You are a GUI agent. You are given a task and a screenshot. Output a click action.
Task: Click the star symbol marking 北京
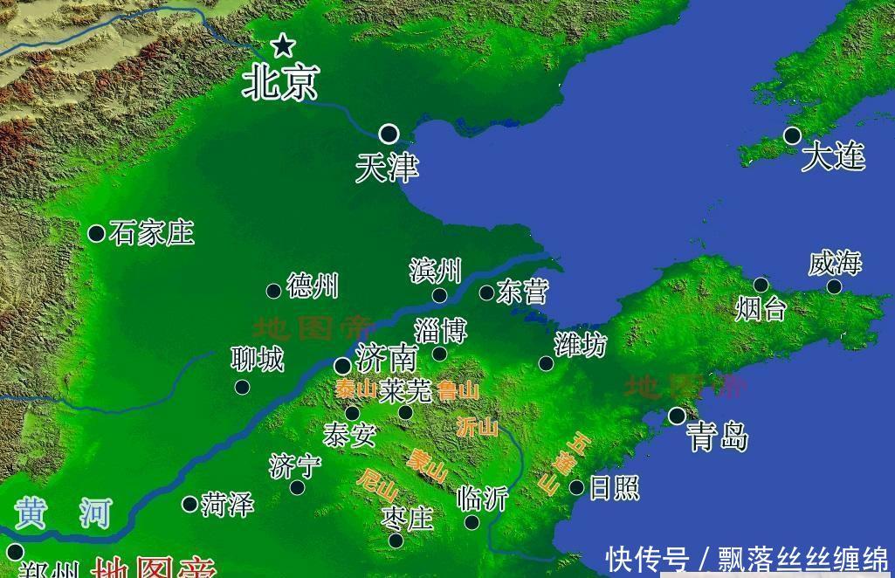tap(282, 45)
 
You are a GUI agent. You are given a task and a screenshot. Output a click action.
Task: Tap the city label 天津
tap(387, 168)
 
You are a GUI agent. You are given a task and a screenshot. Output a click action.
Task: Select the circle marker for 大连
tap(792, 135)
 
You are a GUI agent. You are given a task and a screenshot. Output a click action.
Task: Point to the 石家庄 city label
tap(152, 233)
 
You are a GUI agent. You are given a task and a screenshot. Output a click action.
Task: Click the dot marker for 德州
tap(273, 291)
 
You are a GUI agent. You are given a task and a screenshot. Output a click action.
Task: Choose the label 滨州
tap(435, 271)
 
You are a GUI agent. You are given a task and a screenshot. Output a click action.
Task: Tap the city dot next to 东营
tap(486, 293)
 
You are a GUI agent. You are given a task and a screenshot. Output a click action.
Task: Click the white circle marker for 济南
tap(343, 367)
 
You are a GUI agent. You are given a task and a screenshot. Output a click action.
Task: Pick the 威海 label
tap(835, 263)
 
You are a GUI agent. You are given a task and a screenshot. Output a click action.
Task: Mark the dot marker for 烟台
tap(761, 285)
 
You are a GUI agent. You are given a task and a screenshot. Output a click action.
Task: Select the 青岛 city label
tap(717, 436)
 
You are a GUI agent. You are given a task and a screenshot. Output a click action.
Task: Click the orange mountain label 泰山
tap(355, 389)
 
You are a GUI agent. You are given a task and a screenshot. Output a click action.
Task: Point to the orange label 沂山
tap(478, 427)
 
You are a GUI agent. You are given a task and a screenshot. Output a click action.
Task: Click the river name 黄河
tap(64, 513)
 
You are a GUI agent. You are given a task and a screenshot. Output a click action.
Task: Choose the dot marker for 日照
tap(576, 487)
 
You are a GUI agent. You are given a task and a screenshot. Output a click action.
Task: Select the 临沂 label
tap(482, 498)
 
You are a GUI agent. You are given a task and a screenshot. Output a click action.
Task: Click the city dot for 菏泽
tap(189, 504)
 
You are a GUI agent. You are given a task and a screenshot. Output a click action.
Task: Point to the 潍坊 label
tap(580, 345)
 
